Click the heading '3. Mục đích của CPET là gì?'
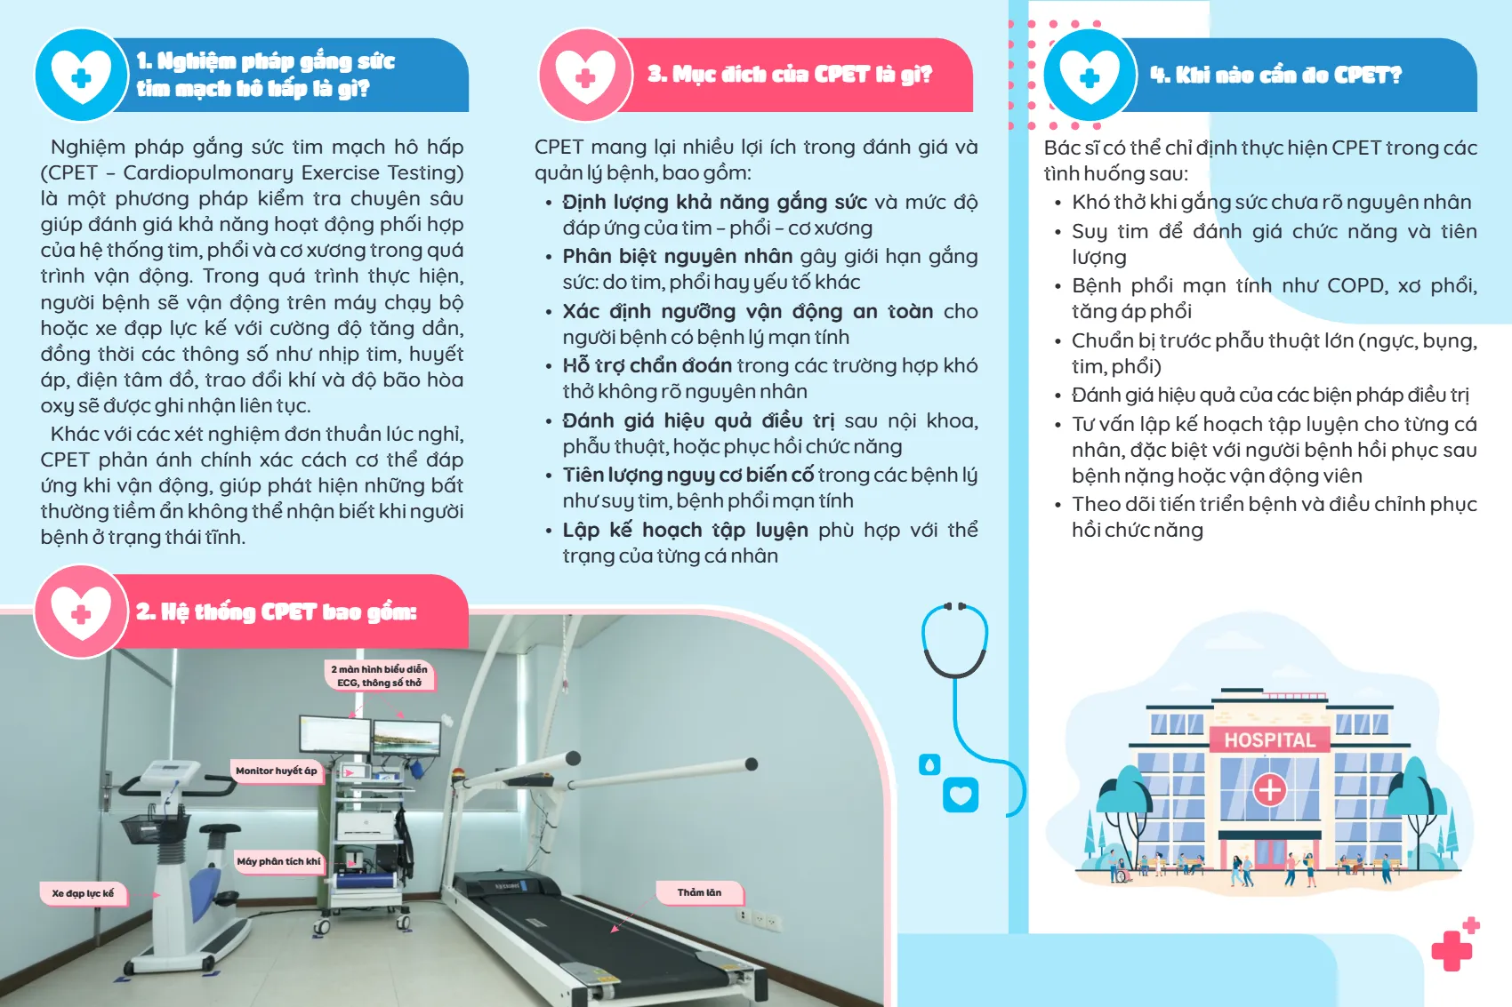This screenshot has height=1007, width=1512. [789, 74]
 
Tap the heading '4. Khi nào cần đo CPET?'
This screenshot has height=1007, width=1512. [1275, 75]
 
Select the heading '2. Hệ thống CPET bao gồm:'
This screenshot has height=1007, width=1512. [277, 611]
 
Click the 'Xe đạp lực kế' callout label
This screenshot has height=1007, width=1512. [83, 893]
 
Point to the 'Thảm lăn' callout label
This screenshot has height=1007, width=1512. [699, 892]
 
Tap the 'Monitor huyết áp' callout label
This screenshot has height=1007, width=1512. [276, 771]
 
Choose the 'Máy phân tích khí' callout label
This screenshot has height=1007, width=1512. [278, 861]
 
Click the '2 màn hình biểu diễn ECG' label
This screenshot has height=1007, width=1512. [380, 675]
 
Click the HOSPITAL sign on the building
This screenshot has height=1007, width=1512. [1270, 740]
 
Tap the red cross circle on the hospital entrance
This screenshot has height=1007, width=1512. [1270, 790]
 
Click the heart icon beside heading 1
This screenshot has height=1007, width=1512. [82, 75]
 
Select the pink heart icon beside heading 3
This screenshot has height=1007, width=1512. [585, 75]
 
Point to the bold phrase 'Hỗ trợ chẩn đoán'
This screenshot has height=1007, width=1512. [647, 365]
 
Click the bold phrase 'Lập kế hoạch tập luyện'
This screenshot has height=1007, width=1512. [685, 530]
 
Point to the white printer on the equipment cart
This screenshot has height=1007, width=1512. [366, 824]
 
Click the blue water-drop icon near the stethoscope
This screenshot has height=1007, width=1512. [929, 765]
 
